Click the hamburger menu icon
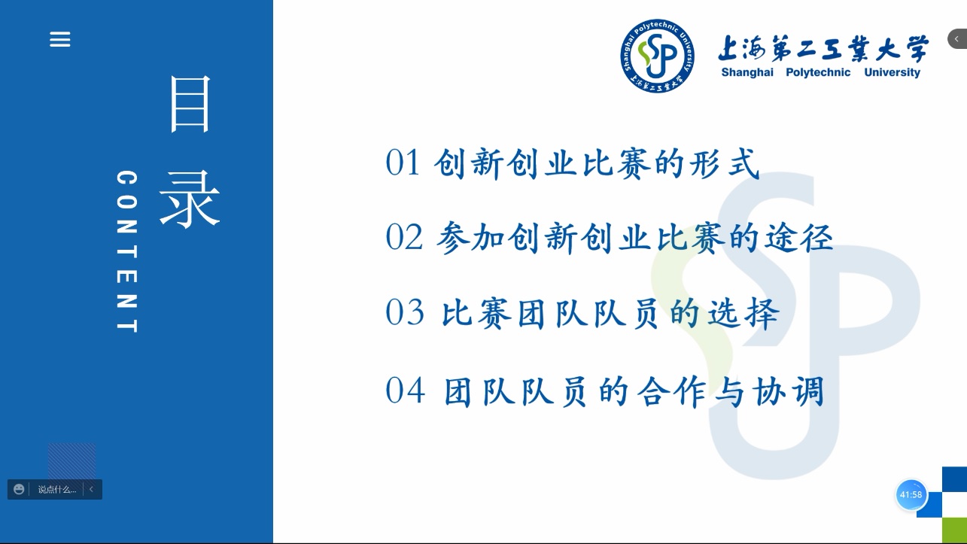click(60, 39)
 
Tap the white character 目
click(190, 104)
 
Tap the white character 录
click(190, 199)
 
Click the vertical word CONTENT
click(127, 251)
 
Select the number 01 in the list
click(403, 163)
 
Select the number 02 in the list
click(403, 237)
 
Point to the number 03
click(405, 312)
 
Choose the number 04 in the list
click(405, 391)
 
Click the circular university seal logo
click(658, 56)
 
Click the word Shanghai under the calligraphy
click(747, 72)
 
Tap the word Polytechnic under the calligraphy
click(818, 72)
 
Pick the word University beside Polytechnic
click(892, 72)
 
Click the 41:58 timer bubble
click(911, 495)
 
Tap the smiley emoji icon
click(19, 489)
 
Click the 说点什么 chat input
click(57, 490)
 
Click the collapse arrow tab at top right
click(957, 39)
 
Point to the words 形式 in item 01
click(725, 163)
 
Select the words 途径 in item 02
click(799, 238)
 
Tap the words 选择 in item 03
click(743, 313)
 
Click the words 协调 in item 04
click(789, 391)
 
